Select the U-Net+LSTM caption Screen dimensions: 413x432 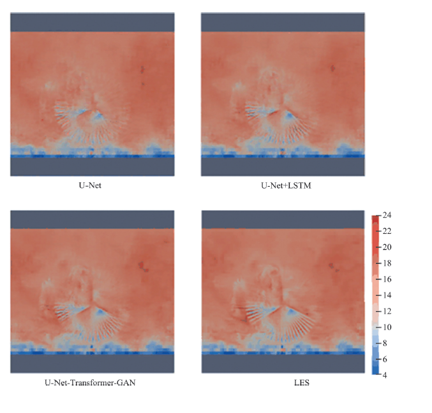283,187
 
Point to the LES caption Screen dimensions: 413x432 283,384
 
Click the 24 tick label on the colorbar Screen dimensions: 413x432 387,216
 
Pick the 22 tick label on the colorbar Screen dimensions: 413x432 387,232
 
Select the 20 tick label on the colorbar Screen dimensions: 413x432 387,248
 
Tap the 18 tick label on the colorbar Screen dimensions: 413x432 387,263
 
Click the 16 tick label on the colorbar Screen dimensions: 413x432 387,279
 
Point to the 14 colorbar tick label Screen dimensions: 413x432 387,295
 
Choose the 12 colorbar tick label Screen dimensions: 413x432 387,311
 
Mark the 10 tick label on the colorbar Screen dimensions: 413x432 387,327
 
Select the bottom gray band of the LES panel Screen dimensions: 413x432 283,363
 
